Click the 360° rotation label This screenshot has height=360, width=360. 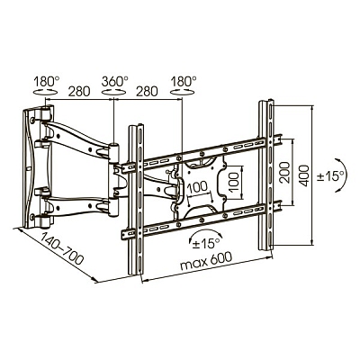pyautogui.click(x=113, y=78)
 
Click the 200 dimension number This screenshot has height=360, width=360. pyautogui.click(x=284, y=174)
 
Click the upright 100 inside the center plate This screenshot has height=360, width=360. pyautogui.click(x=198, y=187)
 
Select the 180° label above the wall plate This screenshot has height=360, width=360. pyautogui.click(x=46, y=78)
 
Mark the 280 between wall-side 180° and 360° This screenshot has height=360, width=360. pyautogui.click(x=79, y=91)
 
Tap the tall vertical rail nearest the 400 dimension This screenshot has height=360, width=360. pyautogui.click(x=265, y=171)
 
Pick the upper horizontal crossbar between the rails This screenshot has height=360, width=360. pyautogui.click(x=202, y=148)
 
